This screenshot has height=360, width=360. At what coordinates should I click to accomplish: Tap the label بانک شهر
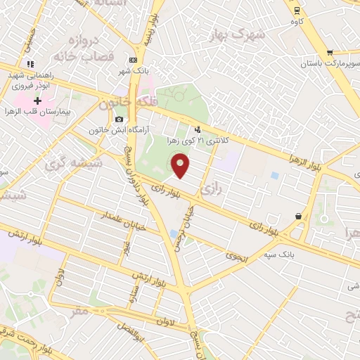(132, 70)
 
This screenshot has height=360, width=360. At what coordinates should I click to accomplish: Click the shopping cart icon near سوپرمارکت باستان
(329, 53)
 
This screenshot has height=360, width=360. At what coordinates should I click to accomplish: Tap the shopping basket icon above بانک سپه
(300, 217)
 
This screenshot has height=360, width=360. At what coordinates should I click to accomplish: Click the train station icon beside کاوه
(297, 10)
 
